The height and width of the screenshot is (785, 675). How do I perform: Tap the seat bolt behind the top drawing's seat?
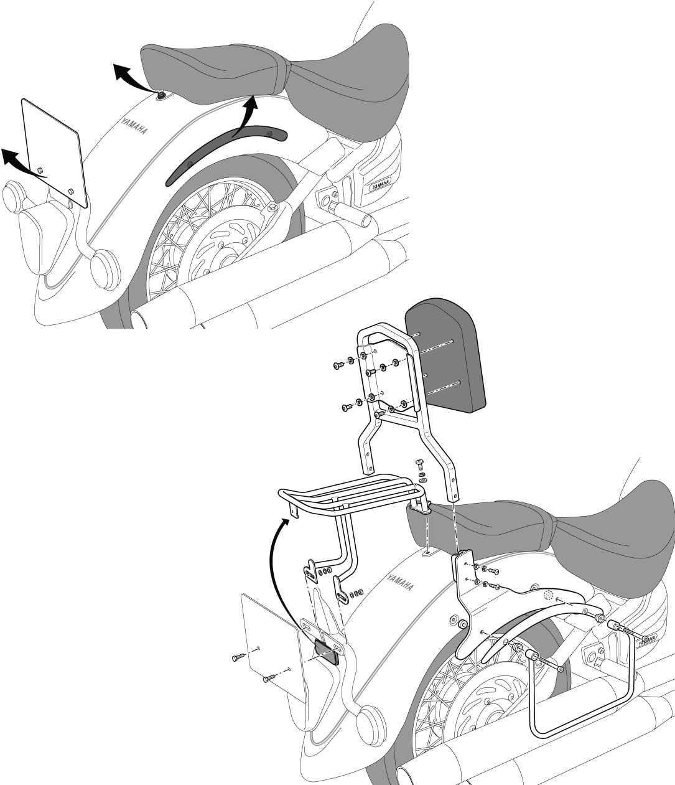[161, 95]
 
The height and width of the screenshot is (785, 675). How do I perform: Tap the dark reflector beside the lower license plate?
[326, 652]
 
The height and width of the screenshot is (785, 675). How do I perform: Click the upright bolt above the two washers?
[419, 463]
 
